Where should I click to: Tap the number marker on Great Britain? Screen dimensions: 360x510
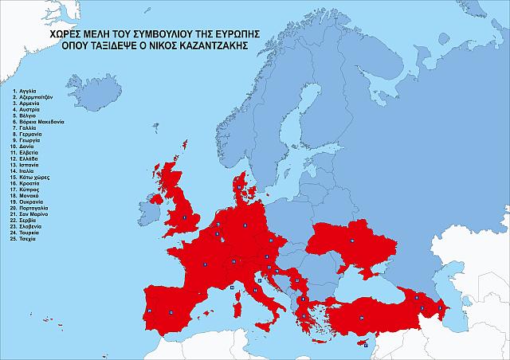[185, 217]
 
